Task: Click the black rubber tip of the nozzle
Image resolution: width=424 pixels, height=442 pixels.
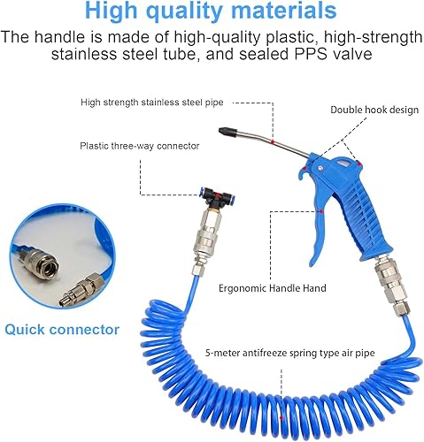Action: pos(227,132)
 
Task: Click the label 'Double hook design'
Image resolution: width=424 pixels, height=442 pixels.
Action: pos(374,110)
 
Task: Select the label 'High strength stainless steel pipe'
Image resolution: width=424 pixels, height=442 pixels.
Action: pos(152,103)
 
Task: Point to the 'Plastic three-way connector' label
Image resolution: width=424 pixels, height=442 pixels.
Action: pos(140,146)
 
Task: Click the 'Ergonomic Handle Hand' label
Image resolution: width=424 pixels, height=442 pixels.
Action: pos(273,288)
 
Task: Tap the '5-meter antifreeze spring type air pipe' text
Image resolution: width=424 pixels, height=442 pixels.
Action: pos(290,353)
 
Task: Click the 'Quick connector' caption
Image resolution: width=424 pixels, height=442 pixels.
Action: pos(62,330)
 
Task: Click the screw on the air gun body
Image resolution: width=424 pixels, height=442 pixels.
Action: pos(320,169)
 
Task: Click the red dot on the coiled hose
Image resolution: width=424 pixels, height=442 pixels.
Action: pos(281,417)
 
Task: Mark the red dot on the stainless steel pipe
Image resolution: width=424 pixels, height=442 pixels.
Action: pos(273,142)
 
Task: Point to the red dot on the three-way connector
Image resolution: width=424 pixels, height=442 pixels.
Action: pos(218,195)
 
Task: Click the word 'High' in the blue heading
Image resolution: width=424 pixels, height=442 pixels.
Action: pos(111,11)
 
